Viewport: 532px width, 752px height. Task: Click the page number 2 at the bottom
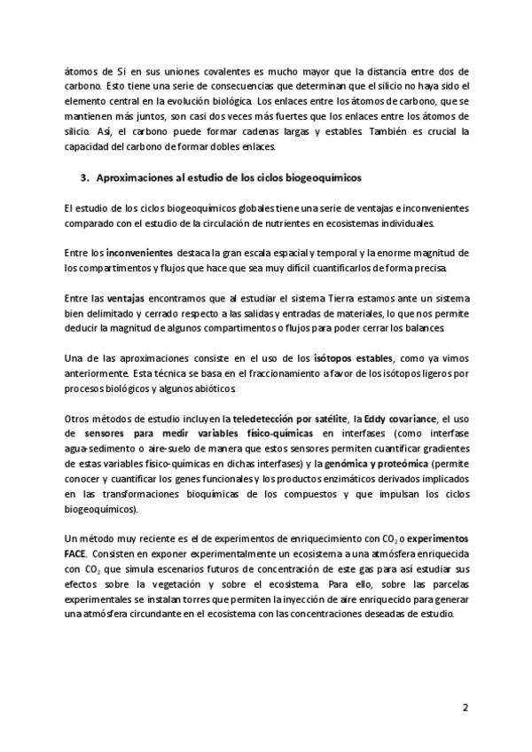(x=465, y=708)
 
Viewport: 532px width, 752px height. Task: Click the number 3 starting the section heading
(x=83, y=178)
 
